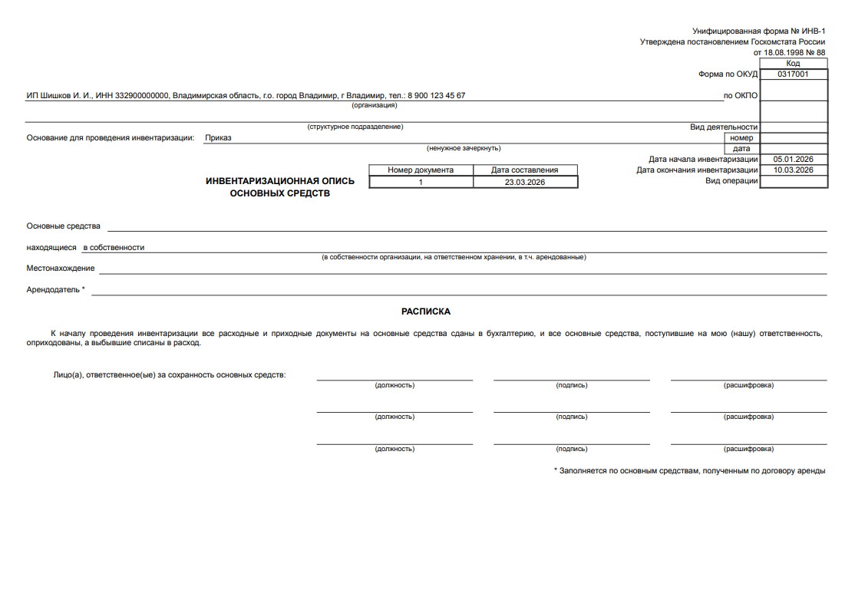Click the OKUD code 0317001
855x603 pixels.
793,74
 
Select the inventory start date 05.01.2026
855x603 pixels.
793,160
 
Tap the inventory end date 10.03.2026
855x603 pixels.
793,170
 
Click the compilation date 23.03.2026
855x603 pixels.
525,183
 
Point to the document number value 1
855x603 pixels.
421,183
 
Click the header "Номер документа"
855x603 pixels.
421,170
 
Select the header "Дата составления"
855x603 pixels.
525,170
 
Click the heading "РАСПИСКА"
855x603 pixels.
426,312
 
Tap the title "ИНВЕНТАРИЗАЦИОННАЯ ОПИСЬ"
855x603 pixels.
280,181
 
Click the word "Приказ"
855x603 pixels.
218,138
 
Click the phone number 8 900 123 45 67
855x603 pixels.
436,96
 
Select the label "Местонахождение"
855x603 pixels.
61,269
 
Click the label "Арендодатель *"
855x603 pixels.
56,290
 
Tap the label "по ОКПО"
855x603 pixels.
741,96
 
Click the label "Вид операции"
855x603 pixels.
731,181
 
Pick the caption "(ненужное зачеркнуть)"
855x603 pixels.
464,148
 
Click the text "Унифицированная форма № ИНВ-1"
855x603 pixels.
758,31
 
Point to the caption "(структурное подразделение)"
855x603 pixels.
355,127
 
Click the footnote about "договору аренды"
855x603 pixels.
689,470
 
